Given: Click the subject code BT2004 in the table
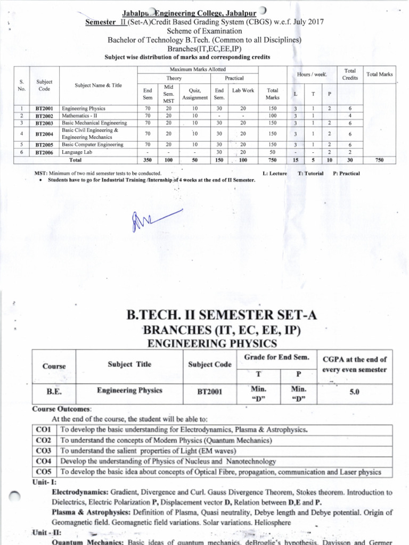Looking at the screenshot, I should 44,134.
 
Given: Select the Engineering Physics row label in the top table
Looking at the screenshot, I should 85,108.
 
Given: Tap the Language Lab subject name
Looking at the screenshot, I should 78,152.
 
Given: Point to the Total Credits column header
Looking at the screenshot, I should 350,74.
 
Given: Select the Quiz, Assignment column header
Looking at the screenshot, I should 194,94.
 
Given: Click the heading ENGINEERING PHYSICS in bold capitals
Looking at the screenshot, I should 211,343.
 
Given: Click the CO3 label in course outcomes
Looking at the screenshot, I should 43,451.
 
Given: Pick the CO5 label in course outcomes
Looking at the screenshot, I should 43,472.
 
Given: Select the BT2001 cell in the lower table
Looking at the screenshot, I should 209,393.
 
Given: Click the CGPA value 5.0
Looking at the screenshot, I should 354,392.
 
